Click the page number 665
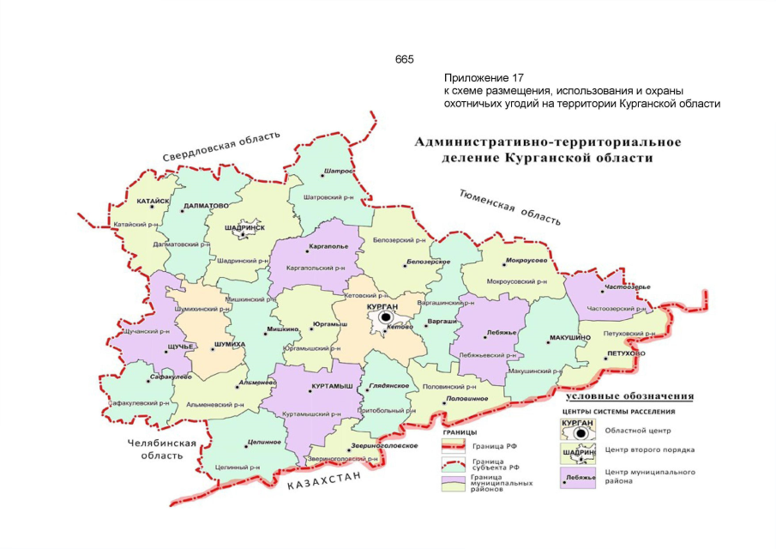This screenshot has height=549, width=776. click(404, 59)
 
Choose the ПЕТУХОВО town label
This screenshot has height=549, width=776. click(624, 353)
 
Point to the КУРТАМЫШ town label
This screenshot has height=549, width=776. click(333, 387)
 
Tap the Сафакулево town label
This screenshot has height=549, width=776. click(146, 377)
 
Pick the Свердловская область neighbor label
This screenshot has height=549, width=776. click(222, 147)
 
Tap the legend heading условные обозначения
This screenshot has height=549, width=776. click(629, 396)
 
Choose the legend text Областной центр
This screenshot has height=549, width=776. click(638, 430)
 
